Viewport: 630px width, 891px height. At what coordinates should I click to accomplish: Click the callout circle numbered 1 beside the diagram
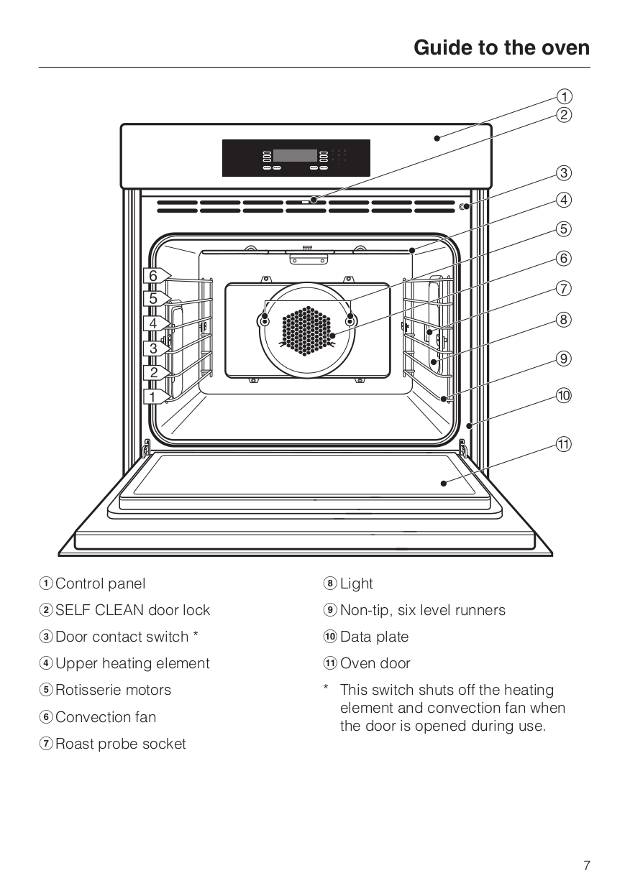(x=565, y=96)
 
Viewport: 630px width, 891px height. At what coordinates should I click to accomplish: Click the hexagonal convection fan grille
(x=308, y=331)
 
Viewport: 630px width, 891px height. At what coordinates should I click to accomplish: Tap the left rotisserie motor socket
(x=265, y=320)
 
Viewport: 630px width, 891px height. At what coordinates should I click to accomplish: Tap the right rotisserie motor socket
(x=350, y=320)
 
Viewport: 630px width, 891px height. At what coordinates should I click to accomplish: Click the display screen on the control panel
(x=295, y=157)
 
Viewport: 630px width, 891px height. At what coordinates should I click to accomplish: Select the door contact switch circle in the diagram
(x=465, y=207)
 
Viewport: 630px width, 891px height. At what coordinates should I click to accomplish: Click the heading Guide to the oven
(x=501, y=48)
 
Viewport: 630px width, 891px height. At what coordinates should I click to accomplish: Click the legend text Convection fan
(x=105, y=717)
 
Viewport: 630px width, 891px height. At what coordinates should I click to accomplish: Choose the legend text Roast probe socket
(x=120, y=744)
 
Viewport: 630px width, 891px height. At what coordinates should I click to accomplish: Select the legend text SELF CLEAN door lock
(x=132, y=610)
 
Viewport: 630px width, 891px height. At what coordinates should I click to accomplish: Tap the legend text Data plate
(x=374, y=637)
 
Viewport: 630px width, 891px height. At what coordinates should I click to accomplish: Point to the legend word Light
(x=357, y=583)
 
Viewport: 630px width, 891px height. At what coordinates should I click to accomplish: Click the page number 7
(x=586, y=866)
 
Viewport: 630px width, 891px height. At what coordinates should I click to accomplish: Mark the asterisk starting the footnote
(x=326, y=690)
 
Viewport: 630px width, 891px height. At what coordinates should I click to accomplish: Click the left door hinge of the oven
(x=147, y=449)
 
